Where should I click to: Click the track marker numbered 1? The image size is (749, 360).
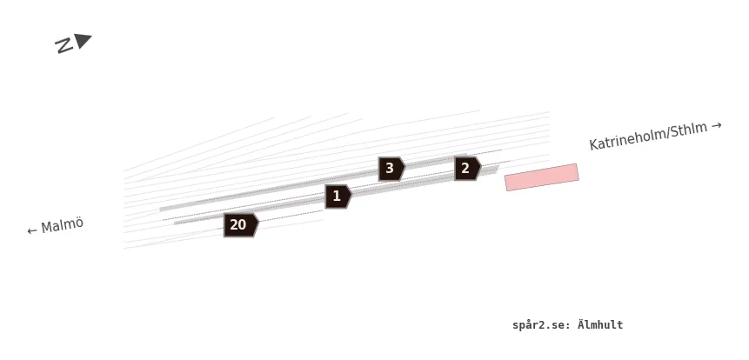[338, 197]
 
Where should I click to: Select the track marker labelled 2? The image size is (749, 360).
[467, 168]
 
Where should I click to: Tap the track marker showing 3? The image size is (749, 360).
[391, 169]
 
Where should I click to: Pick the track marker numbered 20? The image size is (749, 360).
[241, 225]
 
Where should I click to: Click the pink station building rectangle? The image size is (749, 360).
[542, 177]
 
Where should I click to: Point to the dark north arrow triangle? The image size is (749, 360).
[82, 41]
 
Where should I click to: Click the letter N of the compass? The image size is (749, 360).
[64, 45]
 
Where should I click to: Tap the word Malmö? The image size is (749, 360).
[62, 225]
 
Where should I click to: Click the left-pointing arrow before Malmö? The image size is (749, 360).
[32, 231]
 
